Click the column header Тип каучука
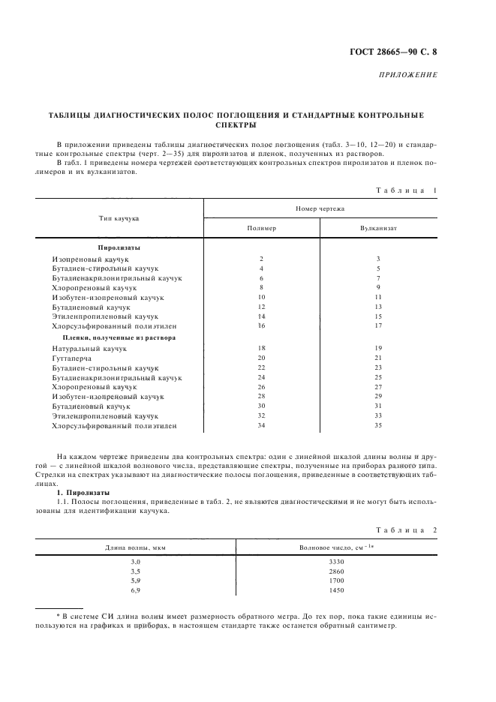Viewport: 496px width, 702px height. [119, 218]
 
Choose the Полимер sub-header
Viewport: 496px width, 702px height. [261, 227]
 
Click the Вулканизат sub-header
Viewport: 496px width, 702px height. [379, 227]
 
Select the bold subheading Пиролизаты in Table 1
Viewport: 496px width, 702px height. [119, 247]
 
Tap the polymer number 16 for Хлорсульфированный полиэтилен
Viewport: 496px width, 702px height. [261, 326]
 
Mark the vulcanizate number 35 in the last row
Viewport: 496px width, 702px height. [379, 426]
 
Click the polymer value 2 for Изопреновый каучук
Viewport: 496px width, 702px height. [261, 258]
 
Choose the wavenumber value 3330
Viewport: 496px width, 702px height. [336, 561]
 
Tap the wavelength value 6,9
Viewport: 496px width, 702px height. [136, 590]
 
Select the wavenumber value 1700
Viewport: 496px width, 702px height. [336, 580]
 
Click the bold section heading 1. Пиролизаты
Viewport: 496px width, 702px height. [83, 492]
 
